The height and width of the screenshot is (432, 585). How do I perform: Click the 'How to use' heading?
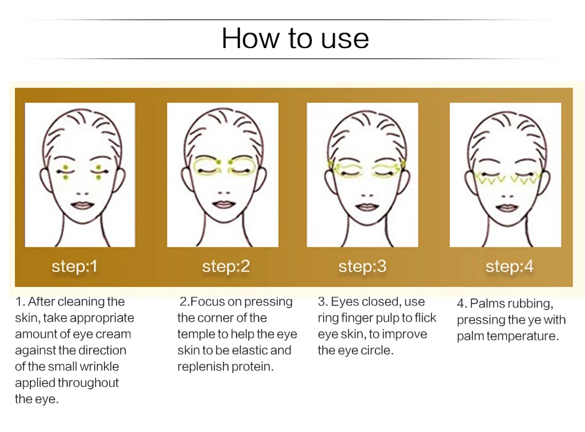point(295,38)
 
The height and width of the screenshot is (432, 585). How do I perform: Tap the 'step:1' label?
point(75,266)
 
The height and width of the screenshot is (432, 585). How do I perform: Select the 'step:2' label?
point(226,266)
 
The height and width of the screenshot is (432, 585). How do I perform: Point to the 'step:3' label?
point(362,266)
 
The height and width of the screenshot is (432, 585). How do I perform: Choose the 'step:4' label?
point(509,266)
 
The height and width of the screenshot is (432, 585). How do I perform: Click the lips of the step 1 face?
point(83,205)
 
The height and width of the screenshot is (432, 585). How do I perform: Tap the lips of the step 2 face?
point(224,204)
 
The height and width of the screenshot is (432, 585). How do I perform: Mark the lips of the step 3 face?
point(367,207)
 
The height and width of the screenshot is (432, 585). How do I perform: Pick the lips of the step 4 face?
point(507,207)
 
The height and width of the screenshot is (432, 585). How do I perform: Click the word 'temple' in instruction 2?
point(194,335)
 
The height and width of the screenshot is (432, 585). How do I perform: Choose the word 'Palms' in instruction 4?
point(486,303)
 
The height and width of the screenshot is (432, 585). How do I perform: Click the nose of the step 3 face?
point(367,195)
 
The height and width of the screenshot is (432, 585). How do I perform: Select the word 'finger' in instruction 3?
point(357,318)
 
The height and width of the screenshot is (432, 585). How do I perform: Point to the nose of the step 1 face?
point(83,194)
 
